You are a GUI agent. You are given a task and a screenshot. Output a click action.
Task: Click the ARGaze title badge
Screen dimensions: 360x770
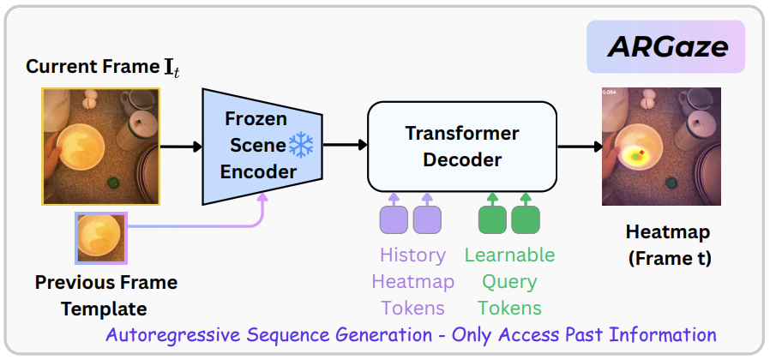tap(666, 46)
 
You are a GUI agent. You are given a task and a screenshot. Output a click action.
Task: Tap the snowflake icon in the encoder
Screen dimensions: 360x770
tap(302, 146)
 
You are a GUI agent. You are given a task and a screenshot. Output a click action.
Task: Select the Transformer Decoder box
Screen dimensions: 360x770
tap(461, 147)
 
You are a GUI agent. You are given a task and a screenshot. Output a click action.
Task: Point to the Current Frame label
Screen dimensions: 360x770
tap(104, 67)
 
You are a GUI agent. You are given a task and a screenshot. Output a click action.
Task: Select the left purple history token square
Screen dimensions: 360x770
tap(394, 220)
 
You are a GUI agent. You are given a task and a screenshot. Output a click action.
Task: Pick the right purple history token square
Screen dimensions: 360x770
tap(426, 220)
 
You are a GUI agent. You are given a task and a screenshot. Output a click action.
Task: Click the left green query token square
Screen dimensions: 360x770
tap(492, 220)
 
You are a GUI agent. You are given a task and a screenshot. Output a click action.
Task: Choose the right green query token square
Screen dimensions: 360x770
tap(525, 220)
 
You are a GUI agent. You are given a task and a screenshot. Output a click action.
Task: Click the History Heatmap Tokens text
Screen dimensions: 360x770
tap(412, 281)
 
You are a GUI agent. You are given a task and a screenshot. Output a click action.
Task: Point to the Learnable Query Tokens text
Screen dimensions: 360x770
tap(509, 281)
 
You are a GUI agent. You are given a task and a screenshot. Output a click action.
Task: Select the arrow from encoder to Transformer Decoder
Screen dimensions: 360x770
tap(346, 147)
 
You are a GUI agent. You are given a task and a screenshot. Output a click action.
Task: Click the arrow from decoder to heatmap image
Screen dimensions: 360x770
tap(578, 147)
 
